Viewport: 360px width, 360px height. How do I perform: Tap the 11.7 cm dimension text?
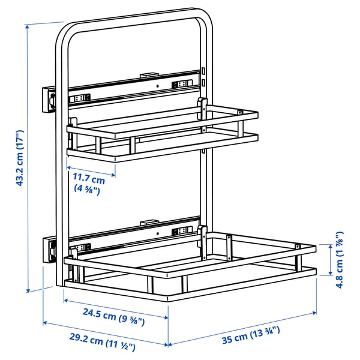click(89, 179)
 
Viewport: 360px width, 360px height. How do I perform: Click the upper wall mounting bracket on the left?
click(49, 99)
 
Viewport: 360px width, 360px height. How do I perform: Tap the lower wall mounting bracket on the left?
click(49, 248)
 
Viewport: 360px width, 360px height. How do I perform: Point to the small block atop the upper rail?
click(147, 75)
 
